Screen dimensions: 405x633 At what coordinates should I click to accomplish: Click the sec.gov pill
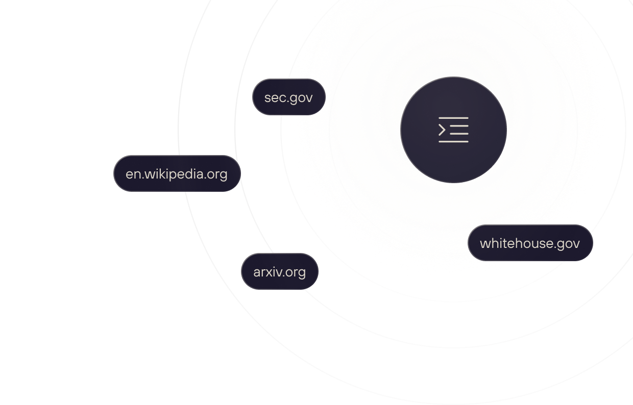(289, 97)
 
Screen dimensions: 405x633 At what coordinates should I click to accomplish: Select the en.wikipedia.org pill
(177, 174)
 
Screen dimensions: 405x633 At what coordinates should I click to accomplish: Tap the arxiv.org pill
(280, 272)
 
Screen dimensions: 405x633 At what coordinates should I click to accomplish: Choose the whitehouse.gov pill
(530, 243)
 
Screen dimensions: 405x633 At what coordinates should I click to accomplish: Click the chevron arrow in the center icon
(442, 130)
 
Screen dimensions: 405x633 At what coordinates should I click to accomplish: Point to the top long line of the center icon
(453, 118)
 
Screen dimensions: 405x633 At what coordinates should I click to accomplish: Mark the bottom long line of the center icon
(453, 141)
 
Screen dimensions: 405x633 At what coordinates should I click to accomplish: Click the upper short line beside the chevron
(459, 126)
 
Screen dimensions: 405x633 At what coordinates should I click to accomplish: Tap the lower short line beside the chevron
(459, 134)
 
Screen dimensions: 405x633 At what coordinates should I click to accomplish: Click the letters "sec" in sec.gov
(274, 97)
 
